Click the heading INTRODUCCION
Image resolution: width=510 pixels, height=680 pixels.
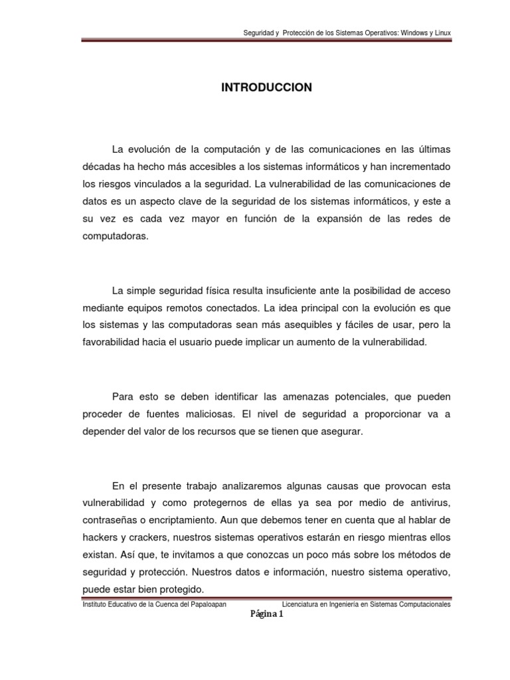click(266, 88)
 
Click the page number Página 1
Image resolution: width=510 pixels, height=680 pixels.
click(266, 615)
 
